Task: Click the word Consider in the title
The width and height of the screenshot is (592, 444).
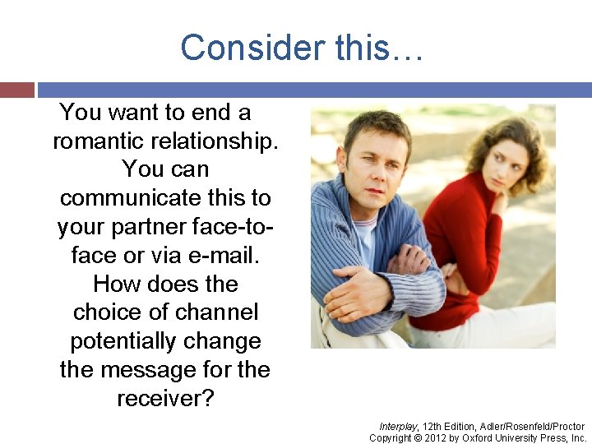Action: [242, 48]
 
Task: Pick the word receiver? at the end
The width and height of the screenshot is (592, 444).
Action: [165, 399]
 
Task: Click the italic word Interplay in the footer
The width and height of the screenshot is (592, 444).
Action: [398, 427]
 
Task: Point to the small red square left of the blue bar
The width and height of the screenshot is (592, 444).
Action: [17, 90]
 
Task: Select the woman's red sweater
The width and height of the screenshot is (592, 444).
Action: [469, 238]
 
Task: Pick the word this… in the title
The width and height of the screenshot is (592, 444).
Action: [380, 48]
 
